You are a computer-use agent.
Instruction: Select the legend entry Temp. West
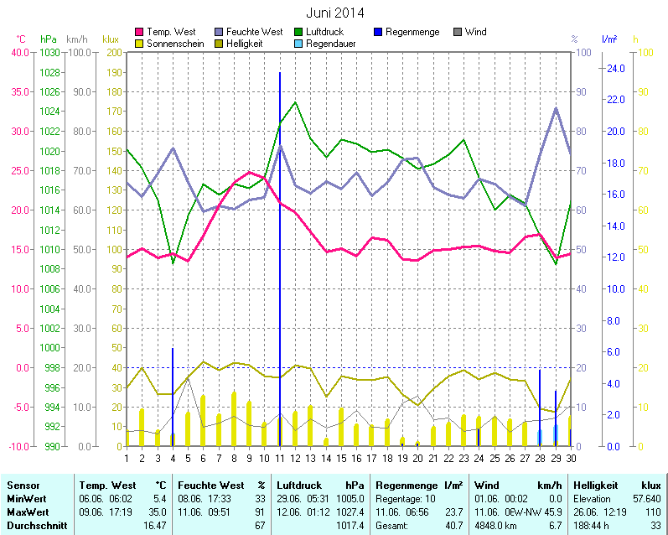[x=170, y=32]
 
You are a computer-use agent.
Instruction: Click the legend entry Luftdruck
[x=324, y=32]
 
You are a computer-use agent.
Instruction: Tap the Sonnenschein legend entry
[x=174, y=44]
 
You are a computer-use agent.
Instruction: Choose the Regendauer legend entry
[x=330, y=44]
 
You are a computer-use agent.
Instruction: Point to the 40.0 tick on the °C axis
[x=18, y=52]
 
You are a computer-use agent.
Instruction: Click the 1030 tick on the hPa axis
[x=49, y=52]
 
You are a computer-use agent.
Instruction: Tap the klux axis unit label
[x=110, y=39]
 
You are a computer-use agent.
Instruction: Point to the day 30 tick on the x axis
[x=570, y=457]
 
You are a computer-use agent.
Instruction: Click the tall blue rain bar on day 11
[x=280, y=252]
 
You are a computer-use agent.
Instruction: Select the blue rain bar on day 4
[x=173, y=394]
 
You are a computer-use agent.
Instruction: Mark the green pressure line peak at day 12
[x=295, y=102]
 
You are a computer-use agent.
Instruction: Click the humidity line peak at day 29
[x=555, y=108]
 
